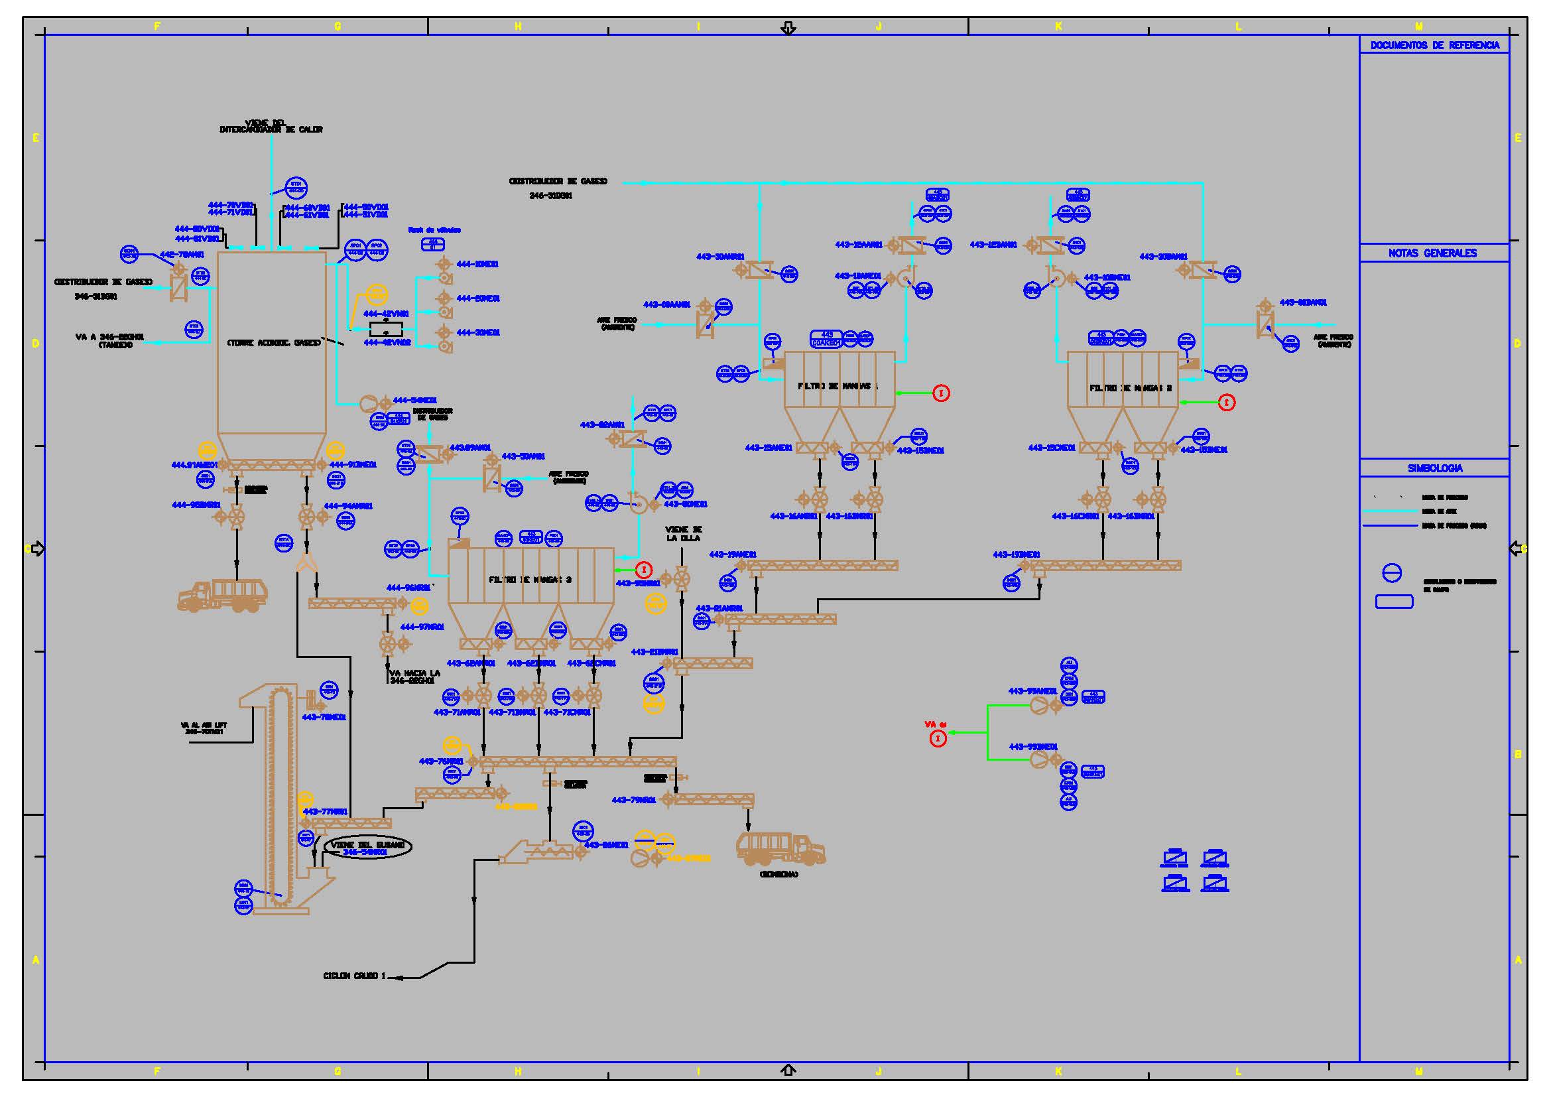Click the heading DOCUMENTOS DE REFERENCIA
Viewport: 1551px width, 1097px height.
coord(1434,45)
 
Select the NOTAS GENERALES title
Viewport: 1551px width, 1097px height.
coord(1432,253)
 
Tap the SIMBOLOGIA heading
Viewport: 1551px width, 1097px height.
coord(1435,468)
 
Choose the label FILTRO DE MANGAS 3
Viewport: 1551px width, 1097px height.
coord(530,580)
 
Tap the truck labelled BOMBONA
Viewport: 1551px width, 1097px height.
coord(780,848)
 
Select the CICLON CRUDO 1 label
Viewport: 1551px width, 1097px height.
coord(354,976)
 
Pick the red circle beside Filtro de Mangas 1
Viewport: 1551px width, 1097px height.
coord(941,393)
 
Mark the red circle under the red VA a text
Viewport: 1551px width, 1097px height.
coord(938,739)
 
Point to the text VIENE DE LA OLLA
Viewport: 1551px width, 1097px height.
coord(683,534)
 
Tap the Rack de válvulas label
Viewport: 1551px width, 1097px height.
coord(434,230)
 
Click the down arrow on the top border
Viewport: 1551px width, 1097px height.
coord(788,29)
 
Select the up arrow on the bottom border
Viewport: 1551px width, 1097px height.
coord(788,1070)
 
